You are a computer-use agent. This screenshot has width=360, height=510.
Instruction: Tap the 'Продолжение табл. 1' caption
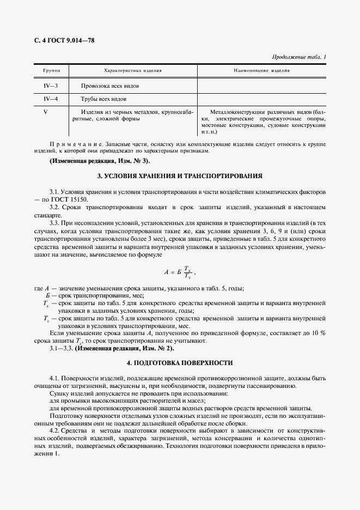tap(298, 57)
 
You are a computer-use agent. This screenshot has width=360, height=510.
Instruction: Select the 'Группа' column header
tap(51, 71)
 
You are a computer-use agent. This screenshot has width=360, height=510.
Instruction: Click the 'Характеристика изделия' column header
tap(132, 71)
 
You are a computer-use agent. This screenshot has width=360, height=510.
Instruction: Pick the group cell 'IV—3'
tap(51, 86)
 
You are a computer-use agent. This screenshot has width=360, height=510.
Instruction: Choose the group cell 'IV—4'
tap(51, 99)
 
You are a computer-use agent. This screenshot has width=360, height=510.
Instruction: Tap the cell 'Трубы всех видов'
tap(103, 99)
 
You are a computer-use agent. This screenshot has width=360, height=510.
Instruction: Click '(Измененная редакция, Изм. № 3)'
tap(100, 161)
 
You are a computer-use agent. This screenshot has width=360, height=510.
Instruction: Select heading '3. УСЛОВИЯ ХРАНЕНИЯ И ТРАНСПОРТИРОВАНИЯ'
tap(180, 177)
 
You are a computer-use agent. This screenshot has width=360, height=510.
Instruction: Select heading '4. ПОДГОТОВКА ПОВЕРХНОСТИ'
tap(180, 362)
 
